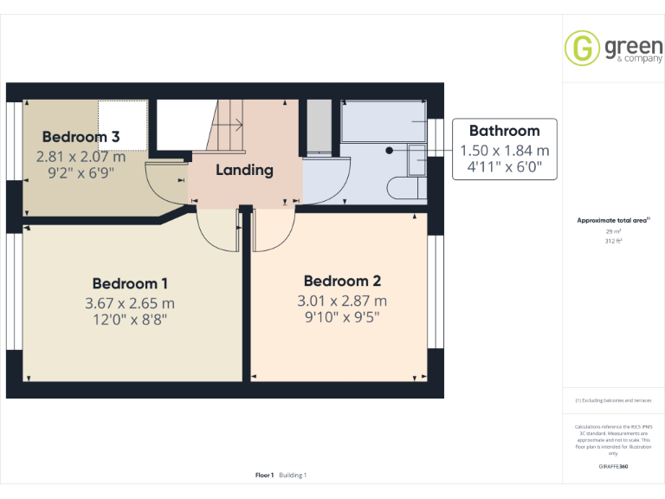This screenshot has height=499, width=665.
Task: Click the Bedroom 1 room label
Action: point(130,283)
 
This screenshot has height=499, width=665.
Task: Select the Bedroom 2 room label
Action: point(342,281)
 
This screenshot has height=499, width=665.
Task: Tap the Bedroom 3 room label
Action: point(81,137)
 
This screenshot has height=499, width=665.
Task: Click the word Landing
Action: point(244,170)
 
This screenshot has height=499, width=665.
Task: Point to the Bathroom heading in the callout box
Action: point(504,131)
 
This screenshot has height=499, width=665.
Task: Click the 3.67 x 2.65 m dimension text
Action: point(130,303)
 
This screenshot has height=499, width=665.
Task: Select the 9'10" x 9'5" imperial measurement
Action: point(342,317)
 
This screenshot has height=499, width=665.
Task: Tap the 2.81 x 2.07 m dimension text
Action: point(81,157)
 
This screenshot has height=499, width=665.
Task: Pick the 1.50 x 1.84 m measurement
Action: point(504,150)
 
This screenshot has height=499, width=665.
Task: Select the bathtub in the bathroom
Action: point(384,121)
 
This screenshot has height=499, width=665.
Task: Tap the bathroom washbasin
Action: point(416,160)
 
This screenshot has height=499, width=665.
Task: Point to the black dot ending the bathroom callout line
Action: point(390,150)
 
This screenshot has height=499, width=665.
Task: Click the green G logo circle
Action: point(582,48)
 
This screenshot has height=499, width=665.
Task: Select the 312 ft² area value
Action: point(613,242)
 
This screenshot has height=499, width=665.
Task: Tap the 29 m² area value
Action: point(613,232)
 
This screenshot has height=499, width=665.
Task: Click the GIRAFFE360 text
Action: point(613,467)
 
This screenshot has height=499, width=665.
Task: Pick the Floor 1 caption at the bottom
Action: point(264,475)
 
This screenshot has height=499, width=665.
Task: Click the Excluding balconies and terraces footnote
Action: point(613,400)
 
